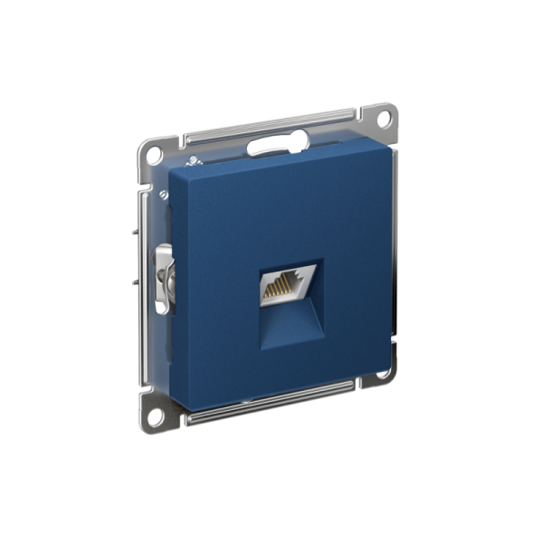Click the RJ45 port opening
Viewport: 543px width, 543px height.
point(288,286)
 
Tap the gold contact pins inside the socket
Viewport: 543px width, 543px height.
point(283,289)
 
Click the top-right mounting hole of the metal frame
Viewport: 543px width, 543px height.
point(385,119)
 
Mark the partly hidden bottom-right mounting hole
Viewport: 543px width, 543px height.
point(384,371)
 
